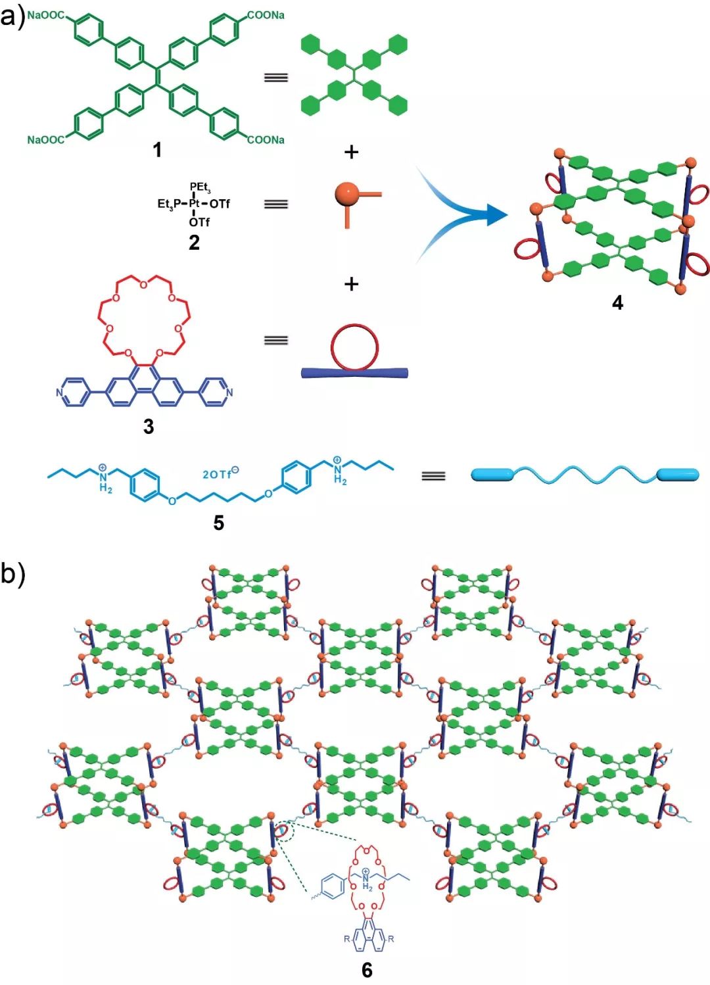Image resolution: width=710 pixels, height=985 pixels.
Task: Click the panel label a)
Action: (12, 19)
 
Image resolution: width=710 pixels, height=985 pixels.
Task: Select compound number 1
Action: (157, 151)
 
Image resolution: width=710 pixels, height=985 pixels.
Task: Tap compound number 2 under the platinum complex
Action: (194, 242)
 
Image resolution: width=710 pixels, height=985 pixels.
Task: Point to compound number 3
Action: (149, 426)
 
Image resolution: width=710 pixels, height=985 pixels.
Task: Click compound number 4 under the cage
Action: (618, 302)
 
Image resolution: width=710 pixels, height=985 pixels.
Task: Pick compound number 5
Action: (218, 523)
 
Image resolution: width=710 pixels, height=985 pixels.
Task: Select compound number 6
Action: (367, 970)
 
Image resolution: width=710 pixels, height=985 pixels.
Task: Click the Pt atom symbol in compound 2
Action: (194, 204)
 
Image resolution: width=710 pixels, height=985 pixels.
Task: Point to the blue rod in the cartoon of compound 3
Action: (354, 373)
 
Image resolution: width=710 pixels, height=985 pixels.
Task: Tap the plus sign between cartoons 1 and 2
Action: (351, 152)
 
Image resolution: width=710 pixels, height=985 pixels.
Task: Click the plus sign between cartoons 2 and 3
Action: (351, 284)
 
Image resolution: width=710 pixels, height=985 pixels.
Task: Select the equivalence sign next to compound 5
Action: (433, 476)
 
